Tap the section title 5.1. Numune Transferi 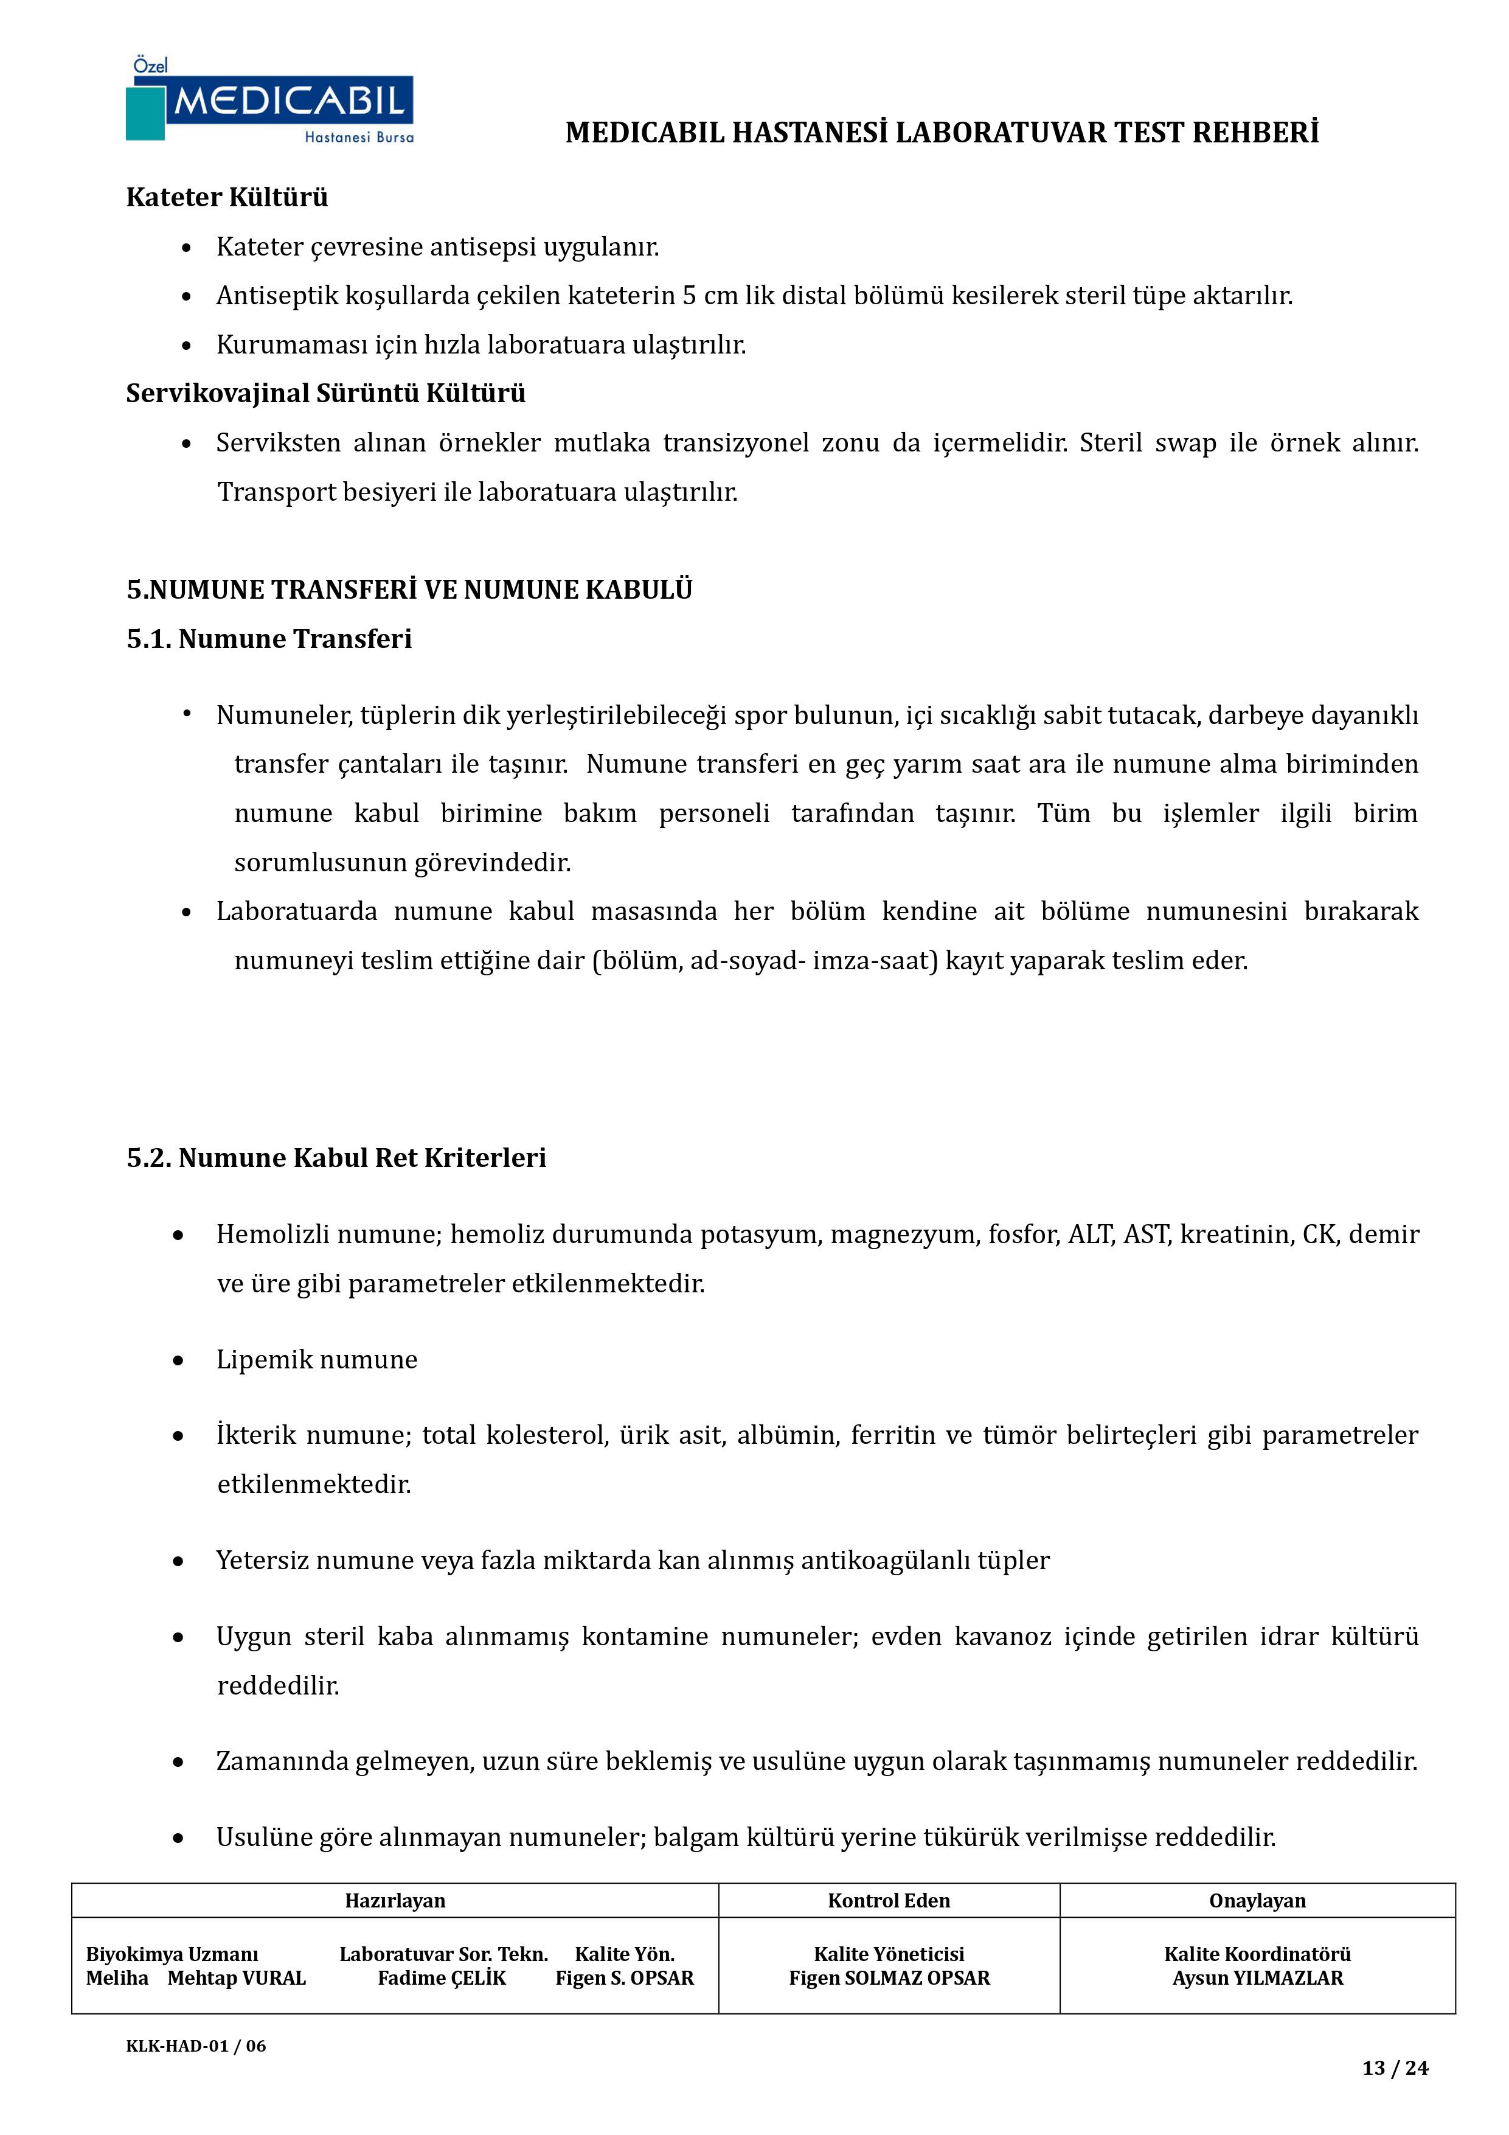coord(269,639)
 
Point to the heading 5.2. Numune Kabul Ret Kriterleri coord(336,1158)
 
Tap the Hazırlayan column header coord(395,1901)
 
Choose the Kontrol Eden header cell coord(889,1901)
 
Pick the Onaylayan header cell coord(1257,1901)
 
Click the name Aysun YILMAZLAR coord(1257,1978)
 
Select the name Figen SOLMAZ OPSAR coord(889,1978)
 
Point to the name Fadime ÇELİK coord(442,1978)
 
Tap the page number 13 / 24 coord(1395,2068)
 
